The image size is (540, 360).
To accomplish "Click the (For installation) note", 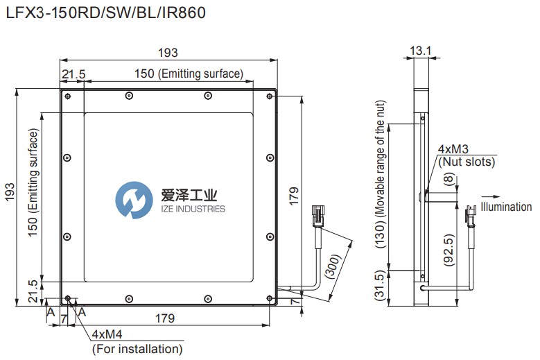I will pyautogui.click(x=137, y=349).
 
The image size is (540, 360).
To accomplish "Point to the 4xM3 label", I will pyautogui.click(x=453, y=149).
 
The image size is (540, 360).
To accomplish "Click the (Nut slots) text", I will pyautogui.click(x=467, y=162).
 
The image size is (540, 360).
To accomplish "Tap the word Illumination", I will pyautogui.click(x=506, y=207).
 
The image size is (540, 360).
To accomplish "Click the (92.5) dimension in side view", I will pyautogui.click(x=449, y=251).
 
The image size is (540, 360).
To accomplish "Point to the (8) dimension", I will pyautogui.click(x=448, y=180).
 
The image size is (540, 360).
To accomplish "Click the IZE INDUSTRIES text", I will pyautogui.click(x=193, y=209).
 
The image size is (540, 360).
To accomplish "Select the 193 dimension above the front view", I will pyautogui.click(x=168, y=53).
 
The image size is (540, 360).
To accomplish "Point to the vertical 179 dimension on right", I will pyautogui.click(x=294, y=198).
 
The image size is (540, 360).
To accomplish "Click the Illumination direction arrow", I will pyautogui.click(x=490, y=196).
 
